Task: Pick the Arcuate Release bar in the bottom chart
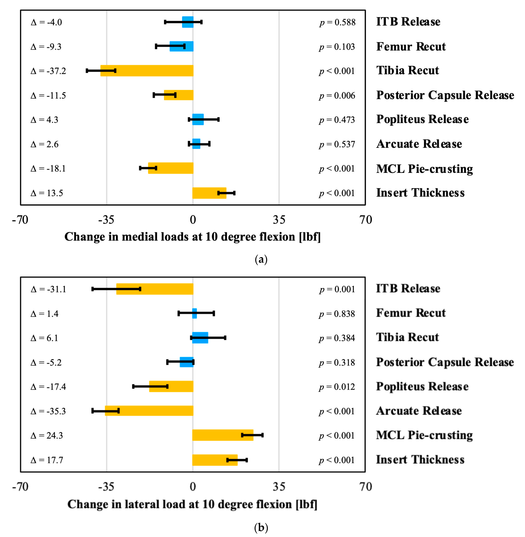pyautogui.click(x=149, y=411)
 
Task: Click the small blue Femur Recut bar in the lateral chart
pyautogui.click(x=194, y=313)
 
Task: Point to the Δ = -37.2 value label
pyautogui.click(x=48, y=71)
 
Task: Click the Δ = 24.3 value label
pyautogui.click(x=47, y=435)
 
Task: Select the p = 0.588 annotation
pyautogui.click(x=337, y=22)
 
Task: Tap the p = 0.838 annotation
pyautogui.click(x=337, y=314)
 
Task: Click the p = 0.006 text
pyautogui.click(x=337, y=95)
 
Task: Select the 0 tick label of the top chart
pyautogui.click(x=193, y=220)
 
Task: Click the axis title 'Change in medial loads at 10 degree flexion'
pyautogui.click(x=192, y=237)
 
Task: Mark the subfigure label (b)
pyautogui.click(x=261, y=527)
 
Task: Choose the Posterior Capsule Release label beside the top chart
pyautogui.click(x=445, y=95)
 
